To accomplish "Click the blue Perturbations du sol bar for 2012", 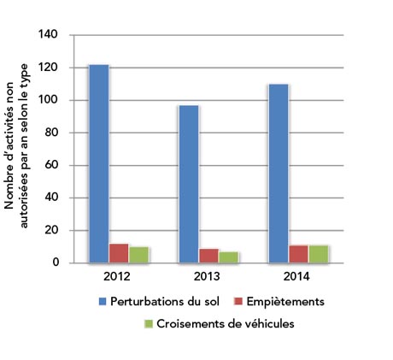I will [x=99, y=163].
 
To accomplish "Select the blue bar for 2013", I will [x=189, y=184].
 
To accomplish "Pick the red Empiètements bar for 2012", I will [x=119, y=253].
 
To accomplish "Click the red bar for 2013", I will [x=208, y=256].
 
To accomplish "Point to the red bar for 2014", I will [x=298, y=254].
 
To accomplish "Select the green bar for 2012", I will [x=139, y=255].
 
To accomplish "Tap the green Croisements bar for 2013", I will [x=229, y=257].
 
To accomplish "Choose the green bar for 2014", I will [x=318, y=254].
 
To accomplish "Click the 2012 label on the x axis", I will [x=119, y=278].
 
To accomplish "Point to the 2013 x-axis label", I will [x=208, y=278].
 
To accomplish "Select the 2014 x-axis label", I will [x=298, y=278].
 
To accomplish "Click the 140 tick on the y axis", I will [x=49, y=35].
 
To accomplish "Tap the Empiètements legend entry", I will [x=277, y=302].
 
